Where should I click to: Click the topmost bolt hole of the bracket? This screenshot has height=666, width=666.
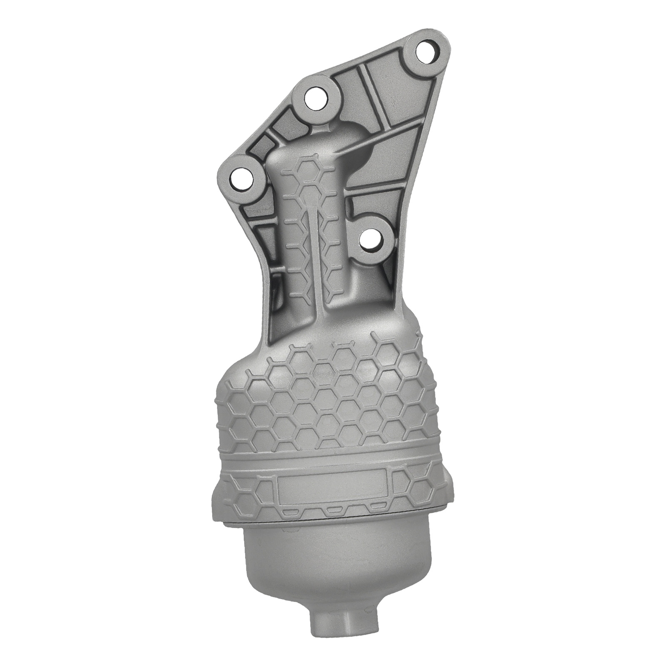click(425, 52)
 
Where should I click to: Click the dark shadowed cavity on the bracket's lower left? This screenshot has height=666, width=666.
click(277, 287)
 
